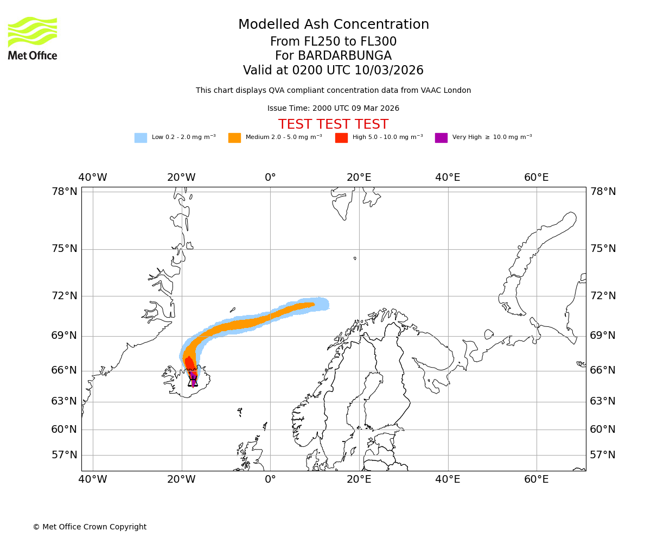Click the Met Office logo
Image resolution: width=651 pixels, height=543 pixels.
coord(33,38)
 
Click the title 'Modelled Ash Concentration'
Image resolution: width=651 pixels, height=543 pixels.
coord(333,25)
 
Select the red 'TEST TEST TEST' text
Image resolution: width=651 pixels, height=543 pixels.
coord(333,125)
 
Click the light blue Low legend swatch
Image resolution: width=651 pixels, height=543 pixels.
coord(141,138)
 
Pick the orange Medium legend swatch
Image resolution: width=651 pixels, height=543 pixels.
coord(234,138)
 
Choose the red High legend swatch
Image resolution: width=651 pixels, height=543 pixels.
coord(341,138)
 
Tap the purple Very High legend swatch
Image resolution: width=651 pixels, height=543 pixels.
coord(441,138)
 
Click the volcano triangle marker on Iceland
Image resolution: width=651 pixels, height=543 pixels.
coord(193,381)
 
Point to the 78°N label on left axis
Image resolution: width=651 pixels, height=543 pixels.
coord(65,192)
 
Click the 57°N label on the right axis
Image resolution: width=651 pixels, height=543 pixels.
coord(603,455)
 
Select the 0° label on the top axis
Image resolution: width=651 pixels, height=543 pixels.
coord(270,178)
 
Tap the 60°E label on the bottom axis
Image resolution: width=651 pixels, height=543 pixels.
coord(537,479)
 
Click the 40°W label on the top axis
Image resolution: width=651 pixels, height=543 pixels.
coord(93,178)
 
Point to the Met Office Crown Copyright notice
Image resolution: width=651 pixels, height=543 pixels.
coord(90,527)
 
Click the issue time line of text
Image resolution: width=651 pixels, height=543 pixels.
coord(333,109)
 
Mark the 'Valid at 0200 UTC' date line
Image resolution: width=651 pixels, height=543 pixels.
coord(333,71)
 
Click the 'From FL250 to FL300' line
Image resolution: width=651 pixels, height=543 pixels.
coord(333,42)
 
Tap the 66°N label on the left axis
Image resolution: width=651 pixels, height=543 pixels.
coord(65,370)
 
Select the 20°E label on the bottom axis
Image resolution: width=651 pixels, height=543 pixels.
coord(359,479)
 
